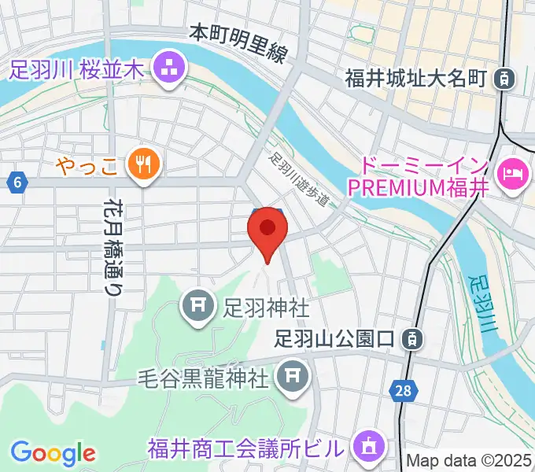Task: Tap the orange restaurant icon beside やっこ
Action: pyautogui.click(x=143, y=163)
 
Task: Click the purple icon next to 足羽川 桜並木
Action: pyautogui.click(x=168, y=69)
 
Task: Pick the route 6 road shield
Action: pyautogui.click(x=17, y=183)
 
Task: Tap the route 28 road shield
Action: pyautogui.click(x=401, y=391)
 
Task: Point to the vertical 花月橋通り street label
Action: pyautogui.click(x=113, y=245)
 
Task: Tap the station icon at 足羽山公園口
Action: pyautogui.click(x=410, y=340)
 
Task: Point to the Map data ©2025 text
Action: pyautogui.click(x=469, y=460)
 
